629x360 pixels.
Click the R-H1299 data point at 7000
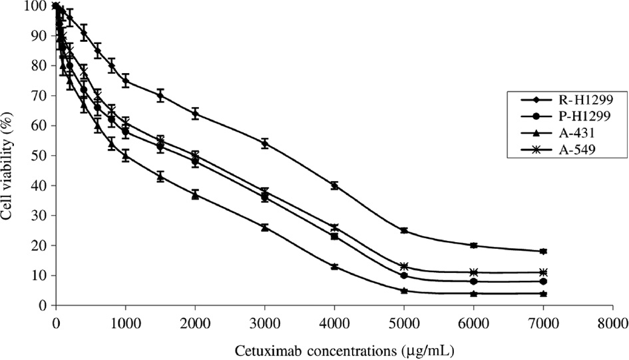click(x=544, y=252)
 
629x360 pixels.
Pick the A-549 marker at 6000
click(x=474, y=272)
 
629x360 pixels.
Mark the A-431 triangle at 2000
click(x=195, y=194)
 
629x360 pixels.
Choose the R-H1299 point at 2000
click(x=195, y=114)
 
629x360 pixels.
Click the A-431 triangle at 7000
click(x=544, y=293)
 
